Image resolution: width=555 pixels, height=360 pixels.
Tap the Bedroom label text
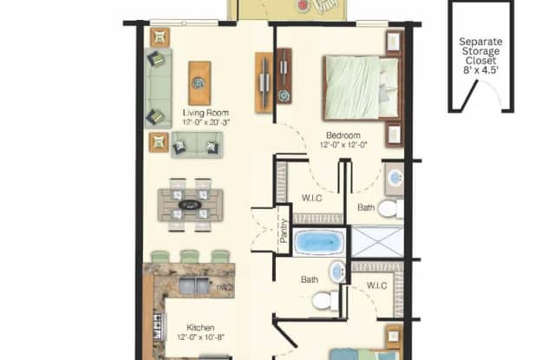tap(343, 134)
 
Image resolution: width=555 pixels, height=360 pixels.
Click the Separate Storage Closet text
tap(479, 51)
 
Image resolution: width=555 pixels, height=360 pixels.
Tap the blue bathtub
tap(319, 242)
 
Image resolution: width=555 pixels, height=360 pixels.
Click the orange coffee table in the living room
tap(199, 83)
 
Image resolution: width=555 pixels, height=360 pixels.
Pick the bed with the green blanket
tap(361, 87)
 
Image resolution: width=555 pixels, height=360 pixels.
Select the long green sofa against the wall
tap(158, 88)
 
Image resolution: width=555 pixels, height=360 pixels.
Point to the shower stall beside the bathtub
tap(376, 241)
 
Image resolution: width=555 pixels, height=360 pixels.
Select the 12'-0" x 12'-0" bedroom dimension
tap(343, 146)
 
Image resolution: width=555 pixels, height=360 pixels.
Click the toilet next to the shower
tap(389, 208)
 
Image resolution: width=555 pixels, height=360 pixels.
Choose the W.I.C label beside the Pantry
tap(309, 196)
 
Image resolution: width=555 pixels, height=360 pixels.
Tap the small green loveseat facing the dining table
tap(196, 144)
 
